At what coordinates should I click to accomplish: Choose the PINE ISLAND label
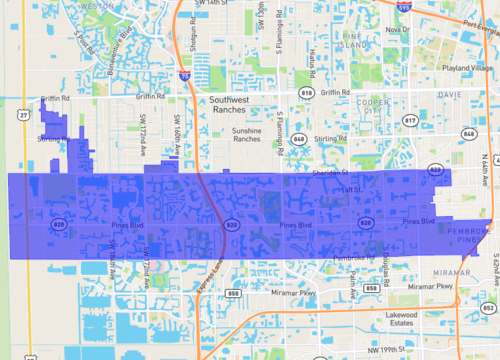353,42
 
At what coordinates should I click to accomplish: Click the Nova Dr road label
397,30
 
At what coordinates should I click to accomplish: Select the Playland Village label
469,68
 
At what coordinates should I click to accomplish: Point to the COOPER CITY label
375,107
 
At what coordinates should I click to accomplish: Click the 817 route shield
410,120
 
